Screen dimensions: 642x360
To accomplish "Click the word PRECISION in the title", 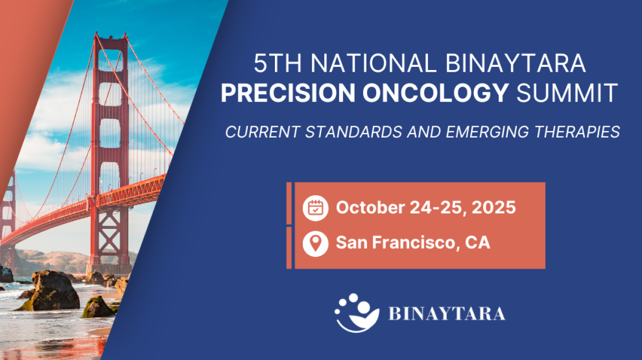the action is point(288,93).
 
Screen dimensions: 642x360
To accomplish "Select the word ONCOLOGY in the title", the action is point(435,93).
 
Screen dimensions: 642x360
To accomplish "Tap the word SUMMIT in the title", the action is point(567,93).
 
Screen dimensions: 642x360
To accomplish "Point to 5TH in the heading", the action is point(278,63).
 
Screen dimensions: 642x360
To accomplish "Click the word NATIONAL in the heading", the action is point(374,63).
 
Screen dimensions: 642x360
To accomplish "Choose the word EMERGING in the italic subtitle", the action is point(487,132).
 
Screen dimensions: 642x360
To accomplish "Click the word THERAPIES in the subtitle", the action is point(577,132).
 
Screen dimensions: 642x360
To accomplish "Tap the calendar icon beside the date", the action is point(315,208).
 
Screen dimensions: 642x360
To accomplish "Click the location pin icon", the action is point(315,243).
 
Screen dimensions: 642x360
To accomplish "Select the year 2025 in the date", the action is point(493,207).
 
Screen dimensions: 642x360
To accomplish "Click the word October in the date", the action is point(370,207).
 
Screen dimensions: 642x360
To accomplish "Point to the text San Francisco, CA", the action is point(413,242).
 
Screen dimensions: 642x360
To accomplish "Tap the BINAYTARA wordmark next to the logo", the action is point(447,313).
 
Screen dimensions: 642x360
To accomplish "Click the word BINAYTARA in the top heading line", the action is point(516,63).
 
